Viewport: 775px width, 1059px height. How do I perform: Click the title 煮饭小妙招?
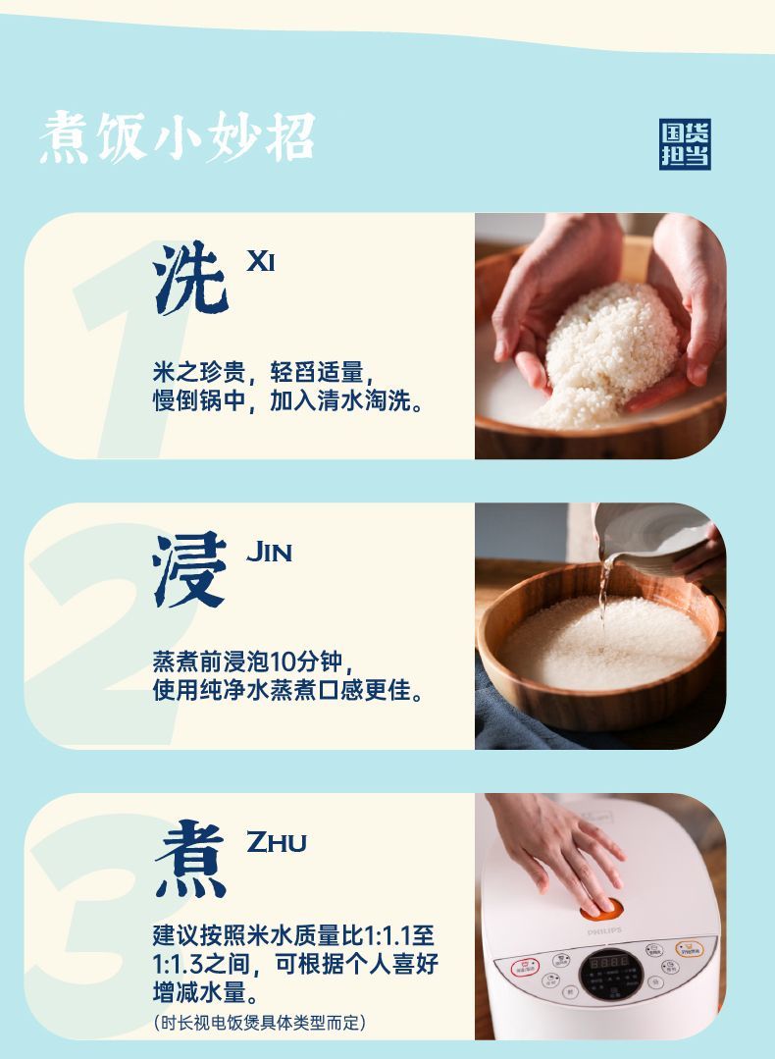tap(177, 137)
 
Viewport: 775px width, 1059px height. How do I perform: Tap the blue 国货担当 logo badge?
tap(685, 144)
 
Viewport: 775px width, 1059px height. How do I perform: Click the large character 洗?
tap(190, 278)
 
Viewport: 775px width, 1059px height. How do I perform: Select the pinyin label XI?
tap(261, 261)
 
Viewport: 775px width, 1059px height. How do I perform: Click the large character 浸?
tap(189, 569)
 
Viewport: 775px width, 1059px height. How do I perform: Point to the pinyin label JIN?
tap(269, 552)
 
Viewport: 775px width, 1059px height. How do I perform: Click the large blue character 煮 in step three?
tap(190, 859)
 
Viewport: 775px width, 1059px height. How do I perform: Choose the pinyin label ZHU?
tap(276, 841)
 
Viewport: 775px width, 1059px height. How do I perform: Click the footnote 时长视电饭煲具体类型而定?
tap(260, 1022)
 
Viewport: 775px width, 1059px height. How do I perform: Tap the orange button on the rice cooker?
tap(600, 909)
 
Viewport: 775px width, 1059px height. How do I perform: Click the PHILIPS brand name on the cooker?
tap(604, 931)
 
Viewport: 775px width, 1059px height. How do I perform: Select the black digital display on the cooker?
tap(609, 974)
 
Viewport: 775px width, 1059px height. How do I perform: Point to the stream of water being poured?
tap(604, 595)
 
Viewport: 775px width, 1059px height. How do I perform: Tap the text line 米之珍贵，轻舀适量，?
tap(264, 371)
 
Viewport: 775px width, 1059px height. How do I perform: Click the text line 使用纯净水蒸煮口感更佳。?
tap(288, 690)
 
